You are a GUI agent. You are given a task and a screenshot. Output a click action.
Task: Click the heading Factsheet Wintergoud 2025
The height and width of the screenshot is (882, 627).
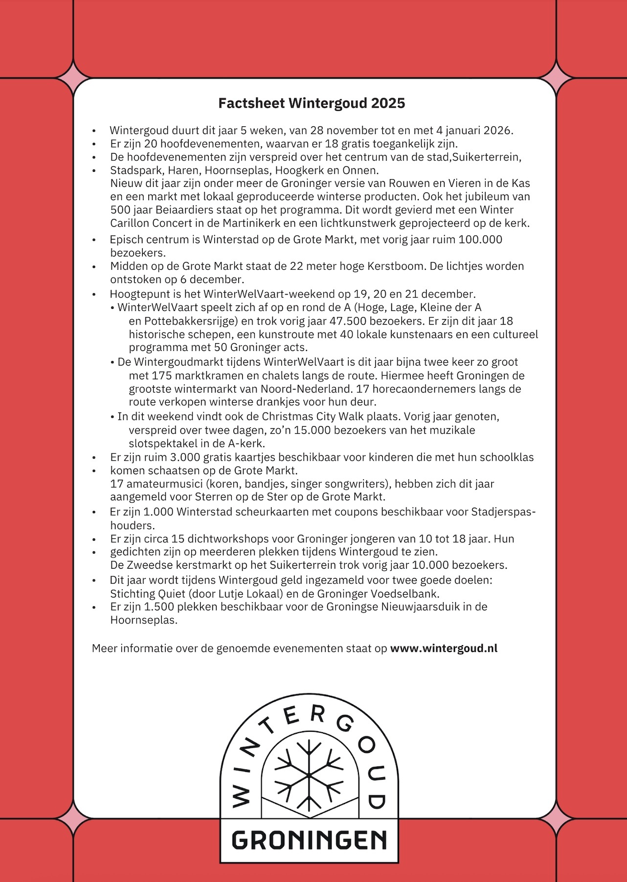[x=312, y=103]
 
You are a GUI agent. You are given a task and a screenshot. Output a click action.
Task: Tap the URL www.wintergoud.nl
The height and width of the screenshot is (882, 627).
[x=444, y=649]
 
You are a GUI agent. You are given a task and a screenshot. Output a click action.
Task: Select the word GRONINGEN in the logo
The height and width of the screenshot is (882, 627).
[x=309, y=841]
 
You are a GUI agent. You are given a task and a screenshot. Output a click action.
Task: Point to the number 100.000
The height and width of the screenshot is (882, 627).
[x=481, y=240]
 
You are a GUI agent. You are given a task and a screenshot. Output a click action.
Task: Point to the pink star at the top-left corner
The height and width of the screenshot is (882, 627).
[x=73, y=78]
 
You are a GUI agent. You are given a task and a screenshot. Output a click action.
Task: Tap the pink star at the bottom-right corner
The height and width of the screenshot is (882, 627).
[x=557, y=818]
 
